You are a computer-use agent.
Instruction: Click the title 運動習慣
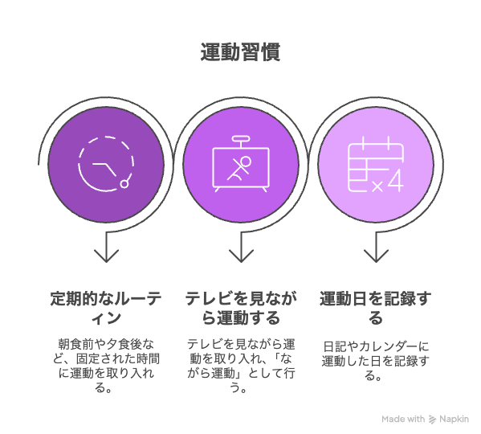point(240,52)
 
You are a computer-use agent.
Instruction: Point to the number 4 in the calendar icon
point(396,181)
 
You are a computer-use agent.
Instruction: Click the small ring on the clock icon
point(124,184)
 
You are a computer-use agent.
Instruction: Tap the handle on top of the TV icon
point(241,139)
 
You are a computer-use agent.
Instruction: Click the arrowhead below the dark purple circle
point(106,256)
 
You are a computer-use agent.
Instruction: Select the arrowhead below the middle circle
point(241,256)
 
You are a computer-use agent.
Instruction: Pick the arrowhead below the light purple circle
point(376,256)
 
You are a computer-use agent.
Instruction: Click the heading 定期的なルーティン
point(106,308)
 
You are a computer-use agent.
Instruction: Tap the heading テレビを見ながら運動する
point(241,308)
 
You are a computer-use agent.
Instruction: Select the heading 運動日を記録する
point(376,308)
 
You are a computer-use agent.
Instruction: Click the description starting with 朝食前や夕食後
point(106,366)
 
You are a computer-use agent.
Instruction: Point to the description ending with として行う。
point(241,366)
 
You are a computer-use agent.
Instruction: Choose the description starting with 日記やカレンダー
point(376,361)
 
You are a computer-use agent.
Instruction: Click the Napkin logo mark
point(432,420)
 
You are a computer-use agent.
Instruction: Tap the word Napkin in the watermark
point(454,420)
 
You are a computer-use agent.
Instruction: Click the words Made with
point(403,419)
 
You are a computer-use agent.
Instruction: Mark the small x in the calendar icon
point(377,186)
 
